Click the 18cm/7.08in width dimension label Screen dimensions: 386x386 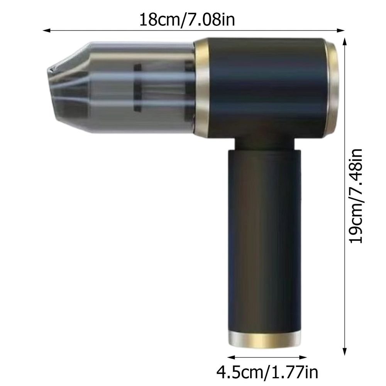(187, 20)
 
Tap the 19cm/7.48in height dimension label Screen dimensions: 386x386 (356, 196)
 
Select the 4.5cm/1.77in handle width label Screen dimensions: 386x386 (267, 372)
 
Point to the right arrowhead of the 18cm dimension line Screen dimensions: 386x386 (340, 30)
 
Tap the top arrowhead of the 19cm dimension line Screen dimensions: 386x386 (345, 42)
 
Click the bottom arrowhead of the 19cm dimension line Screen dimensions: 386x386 (345, 352)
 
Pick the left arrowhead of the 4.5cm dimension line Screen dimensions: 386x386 (231, 357)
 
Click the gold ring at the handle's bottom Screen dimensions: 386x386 (265, 339)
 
